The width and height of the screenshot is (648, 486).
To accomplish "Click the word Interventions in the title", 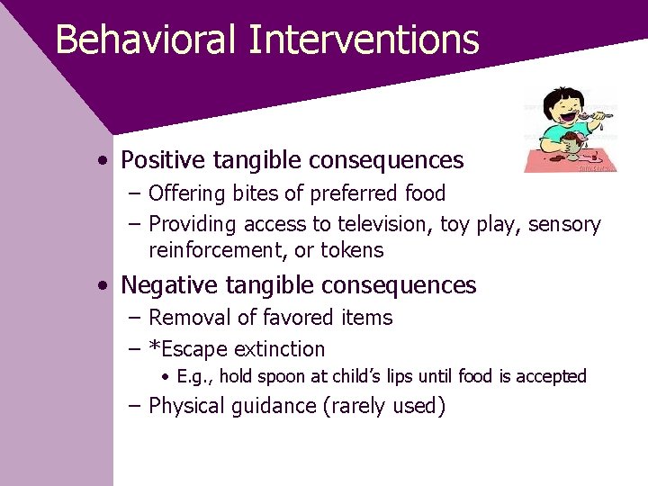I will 364,40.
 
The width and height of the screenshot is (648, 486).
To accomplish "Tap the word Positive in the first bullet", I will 163,160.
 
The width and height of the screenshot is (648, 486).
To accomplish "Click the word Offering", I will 187,193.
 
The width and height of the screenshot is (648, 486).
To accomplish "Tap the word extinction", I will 280,348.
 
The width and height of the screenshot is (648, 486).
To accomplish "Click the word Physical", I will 187,406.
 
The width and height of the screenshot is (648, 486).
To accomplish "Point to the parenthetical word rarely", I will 361,406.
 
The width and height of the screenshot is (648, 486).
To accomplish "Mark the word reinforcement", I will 216,250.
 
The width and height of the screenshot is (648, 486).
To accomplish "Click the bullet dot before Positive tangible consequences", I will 105,161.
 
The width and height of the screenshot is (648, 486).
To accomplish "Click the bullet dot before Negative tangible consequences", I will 105,286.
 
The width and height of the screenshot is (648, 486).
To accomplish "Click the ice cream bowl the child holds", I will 569,147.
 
